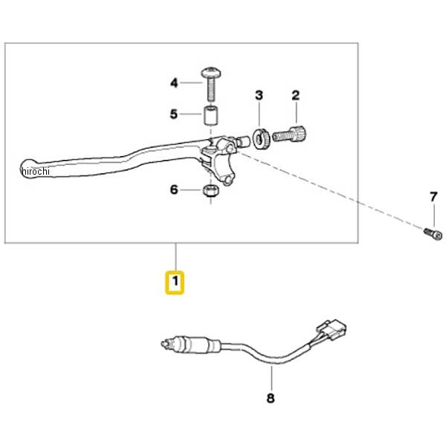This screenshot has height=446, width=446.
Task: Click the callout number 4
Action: (x=174, y=83)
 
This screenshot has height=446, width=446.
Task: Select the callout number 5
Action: (x=174, y=114)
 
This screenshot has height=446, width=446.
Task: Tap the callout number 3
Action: (x=259, y=96)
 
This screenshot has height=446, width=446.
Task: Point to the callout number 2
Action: (x=296, y=96)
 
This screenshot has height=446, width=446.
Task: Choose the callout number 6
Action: (x=174, y=190)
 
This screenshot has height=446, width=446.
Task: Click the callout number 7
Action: (x=433, y=197)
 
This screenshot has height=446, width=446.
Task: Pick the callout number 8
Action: (x=271, y=398)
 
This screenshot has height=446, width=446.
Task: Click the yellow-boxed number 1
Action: (x=175, y=282)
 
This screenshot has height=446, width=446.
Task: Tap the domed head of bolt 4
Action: (x=211, y=72)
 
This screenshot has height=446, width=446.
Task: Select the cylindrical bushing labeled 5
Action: (x=211, y=115)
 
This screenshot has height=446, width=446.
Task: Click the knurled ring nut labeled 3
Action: (x=262, y=139)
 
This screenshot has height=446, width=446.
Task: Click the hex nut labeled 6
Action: (x=210, y=190)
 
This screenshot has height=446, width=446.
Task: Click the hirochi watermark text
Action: (x=36, y=172)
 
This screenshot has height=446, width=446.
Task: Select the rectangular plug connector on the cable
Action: (x=333, y=329)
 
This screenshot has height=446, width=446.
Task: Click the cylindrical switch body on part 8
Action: (x=199, y=344)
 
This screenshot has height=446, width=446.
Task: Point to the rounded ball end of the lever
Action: (x=28, y=169)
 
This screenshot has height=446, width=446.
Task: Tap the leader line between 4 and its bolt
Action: (x=191, y=83)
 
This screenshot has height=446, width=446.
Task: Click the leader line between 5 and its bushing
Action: (x=191, y=114)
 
